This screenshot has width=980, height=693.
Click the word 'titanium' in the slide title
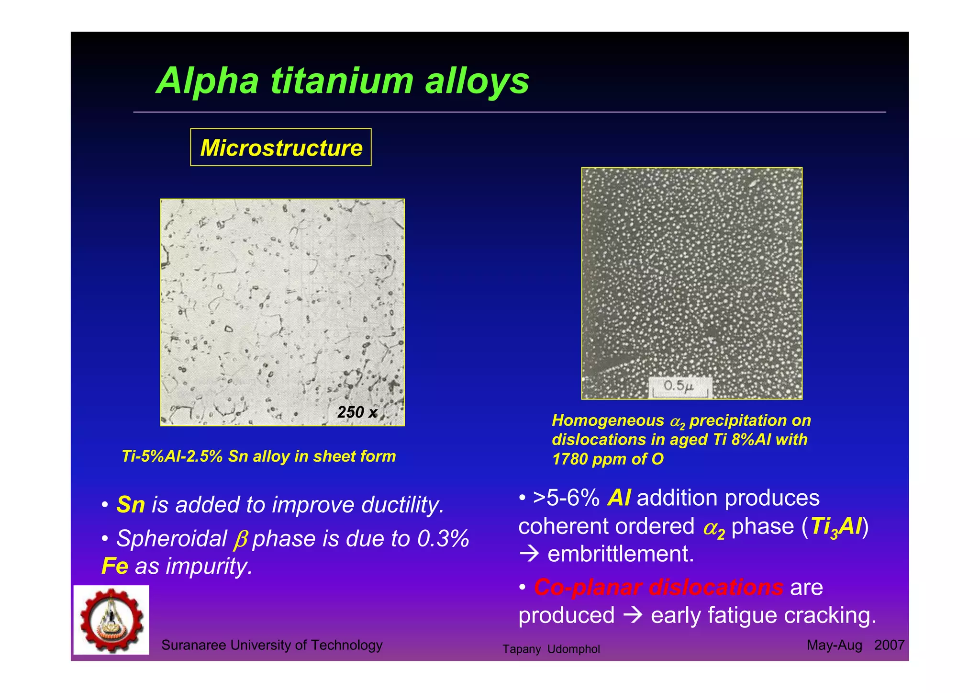[342, 80]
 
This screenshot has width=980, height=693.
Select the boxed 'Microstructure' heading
[281, 148]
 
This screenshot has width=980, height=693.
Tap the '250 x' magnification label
[357, 412]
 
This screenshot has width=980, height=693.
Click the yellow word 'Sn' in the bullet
[130, 505]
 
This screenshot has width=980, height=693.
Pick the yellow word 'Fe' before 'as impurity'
[115, 566]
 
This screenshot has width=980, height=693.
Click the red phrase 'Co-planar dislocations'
[658, 587]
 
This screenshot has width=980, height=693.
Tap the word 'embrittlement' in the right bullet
[620, 554]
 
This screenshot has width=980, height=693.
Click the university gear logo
[111, 620]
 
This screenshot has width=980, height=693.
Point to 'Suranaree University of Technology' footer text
[272, 645]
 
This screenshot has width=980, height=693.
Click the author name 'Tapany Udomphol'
[551, 649]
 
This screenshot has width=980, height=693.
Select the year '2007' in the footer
[889, 645]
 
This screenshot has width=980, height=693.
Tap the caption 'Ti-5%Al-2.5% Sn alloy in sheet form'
[259, 456]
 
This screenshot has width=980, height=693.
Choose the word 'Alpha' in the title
[208, 80]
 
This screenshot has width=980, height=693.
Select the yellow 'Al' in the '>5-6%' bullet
[618, 498]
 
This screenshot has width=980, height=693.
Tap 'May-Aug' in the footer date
[834, 645]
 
